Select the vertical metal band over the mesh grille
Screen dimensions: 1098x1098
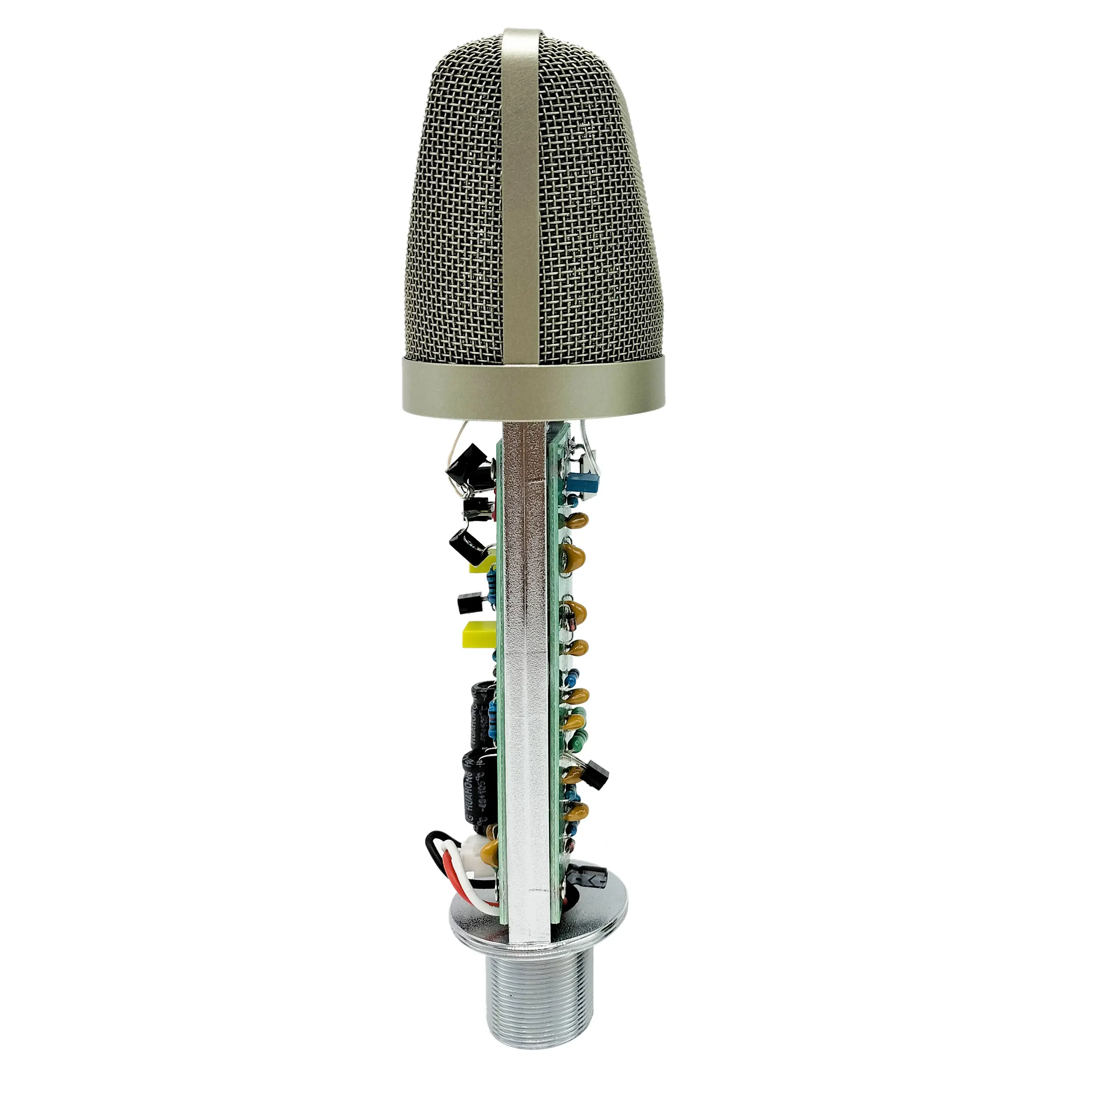[522, 188]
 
